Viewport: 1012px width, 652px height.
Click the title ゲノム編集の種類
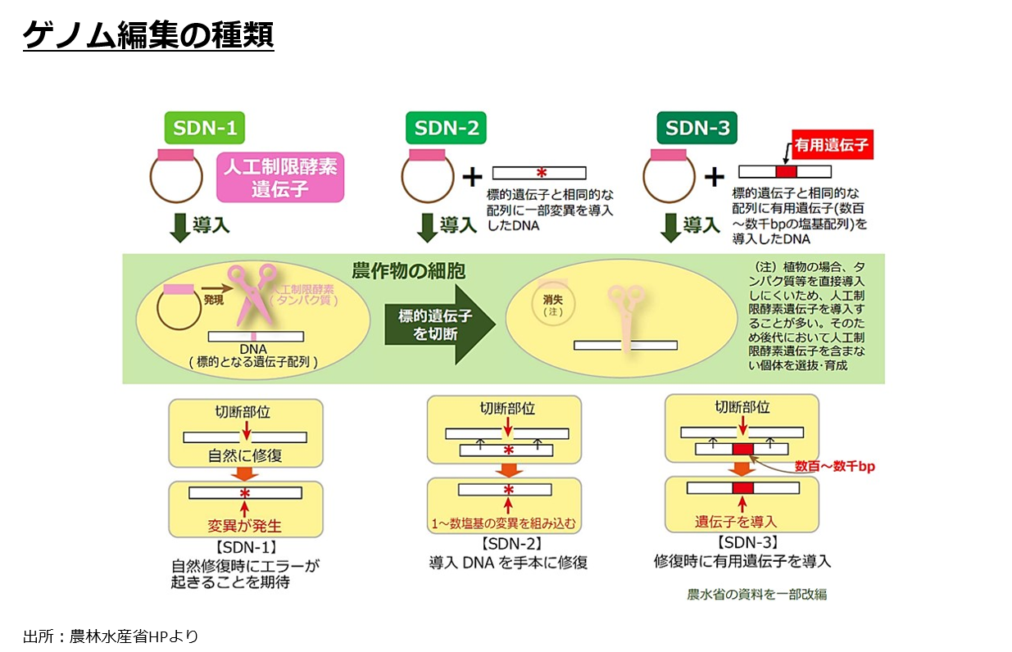147,36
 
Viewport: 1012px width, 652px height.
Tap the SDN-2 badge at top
446,128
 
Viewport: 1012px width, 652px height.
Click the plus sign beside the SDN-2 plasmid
472,177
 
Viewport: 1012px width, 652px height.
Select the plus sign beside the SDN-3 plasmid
715,177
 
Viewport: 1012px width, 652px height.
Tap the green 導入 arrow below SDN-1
179,227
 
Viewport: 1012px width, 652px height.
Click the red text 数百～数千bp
834,466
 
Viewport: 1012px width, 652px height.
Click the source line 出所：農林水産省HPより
111,636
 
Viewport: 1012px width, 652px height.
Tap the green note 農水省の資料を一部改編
757,594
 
